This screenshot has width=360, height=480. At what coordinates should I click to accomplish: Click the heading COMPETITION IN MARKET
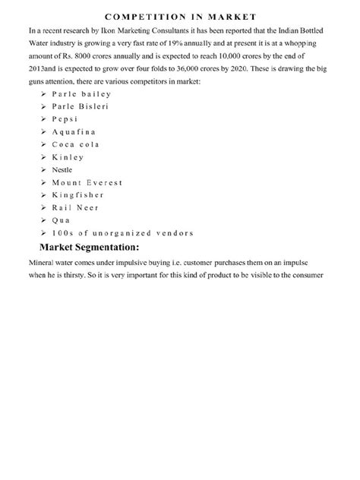pyautogui.click(x=180, y=16)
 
